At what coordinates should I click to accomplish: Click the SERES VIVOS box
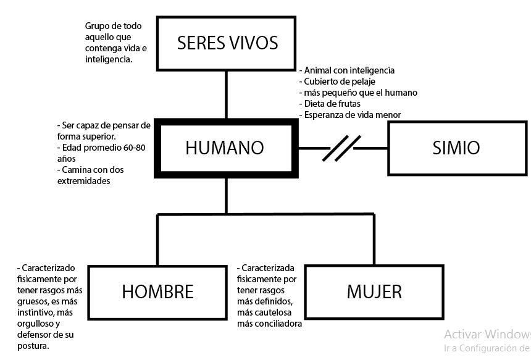coord(227,43)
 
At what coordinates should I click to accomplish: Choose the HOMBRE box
coord(157,291)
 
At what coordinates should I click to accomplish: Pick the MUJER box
coord(374,291)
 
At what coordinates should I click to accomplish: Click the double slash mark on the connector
coord(341,148)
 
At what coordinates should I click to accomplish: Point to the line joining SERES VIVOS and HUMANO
coord(227,94)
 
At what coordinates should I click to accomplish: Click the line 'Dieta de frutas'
coord(332,103)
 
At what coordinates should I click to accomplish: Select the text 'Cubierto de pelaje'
coord(340,82)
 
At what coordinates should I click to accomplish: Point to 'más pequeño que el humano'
coord(361,93)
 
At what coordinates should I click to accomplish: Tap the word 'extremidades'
coord(83,181)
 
